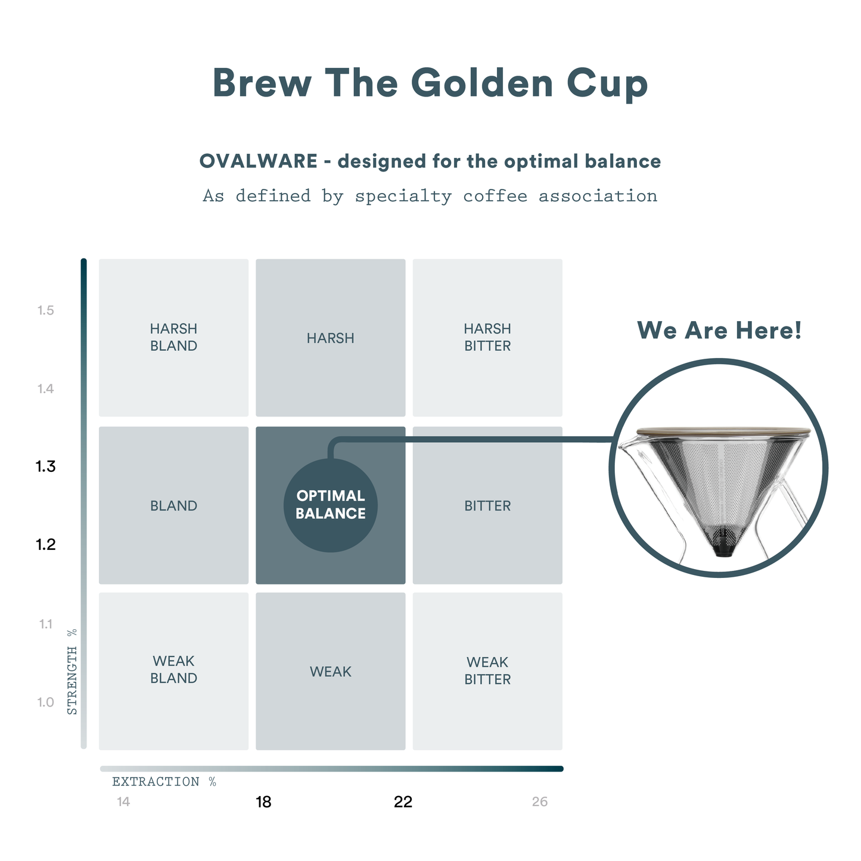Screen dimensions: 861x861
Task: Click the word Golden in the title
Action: [x=483, y=83]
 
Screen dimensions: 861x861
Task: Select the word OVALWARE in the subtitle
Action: [x=258, y=161]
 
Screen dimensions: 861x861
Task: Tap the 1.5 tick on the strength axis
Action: [x=46, y=310]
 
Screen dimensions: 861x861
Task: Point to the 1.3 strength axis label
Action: [x=46, y=467]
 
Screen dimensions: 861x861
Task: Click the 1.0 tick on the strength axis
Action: [x=46, y=703]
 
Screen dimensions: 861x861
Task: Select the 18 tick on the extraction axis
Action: [x=263, y=802]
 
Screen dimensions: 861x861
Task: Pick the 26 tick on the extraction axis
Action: [x=540, y=802]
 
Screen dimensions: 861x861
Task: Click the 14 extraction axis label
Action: [x=123, y=802]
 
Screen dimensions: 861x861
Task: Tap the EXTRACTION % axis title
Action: [x=164, y=782]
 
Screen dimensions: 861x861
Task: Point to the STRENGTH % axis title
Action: [x=72, y=672]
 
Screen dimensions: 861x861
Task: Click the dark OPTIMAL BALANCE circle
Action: [x=331, y=505]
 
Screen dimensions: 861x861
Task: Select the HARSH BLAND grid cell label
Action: [x=173, y=337]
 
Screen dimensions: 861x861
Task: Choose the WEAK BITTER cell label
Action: [x=487, y=671]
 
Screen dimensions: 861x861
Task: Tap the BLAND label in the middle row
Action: [x=173, y=506]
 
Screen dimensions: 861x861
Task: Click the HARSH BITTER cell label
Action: [x=487, y=337]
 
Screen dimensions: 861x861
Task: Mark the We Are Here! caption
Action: [x=719, y=330]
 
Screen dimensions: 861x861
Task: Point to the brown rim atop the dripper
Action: [x=723, y=431]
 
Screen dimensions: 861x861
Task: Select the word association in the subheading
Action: [x=598, y=196]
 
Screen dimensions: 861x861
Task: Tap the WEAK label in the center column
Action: [x=331, y=672]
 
